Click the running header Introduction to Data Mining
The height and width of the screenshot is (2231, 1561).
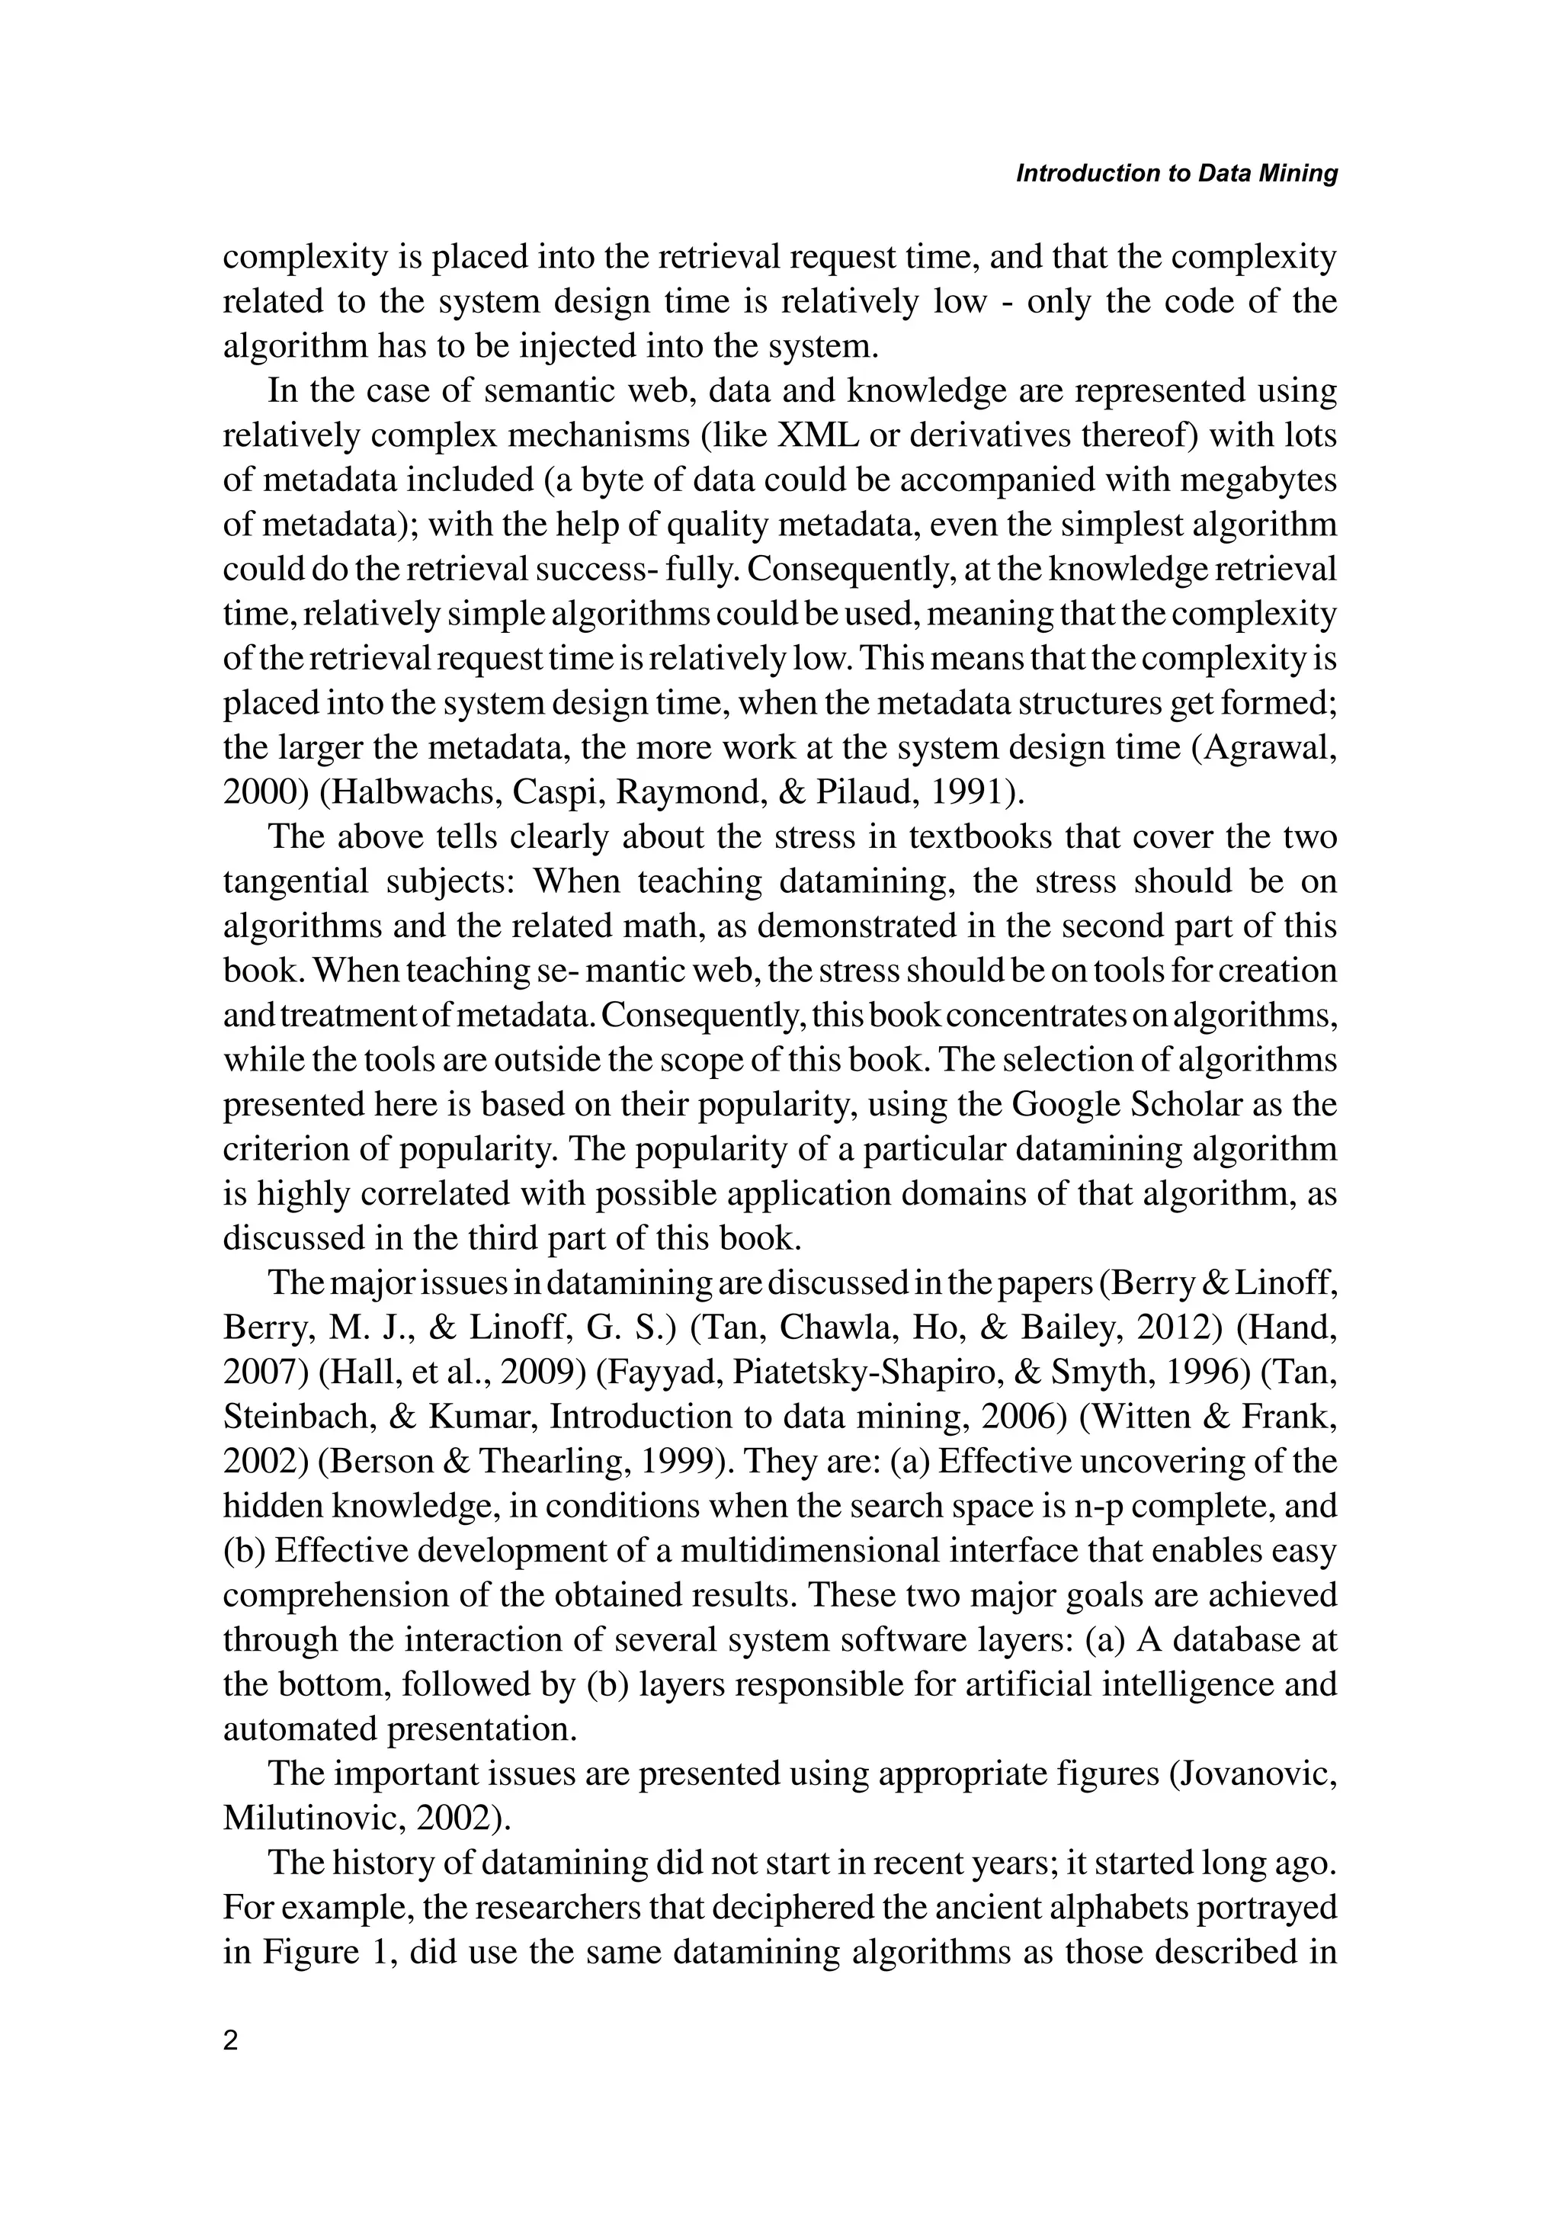pos(1176,174)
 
